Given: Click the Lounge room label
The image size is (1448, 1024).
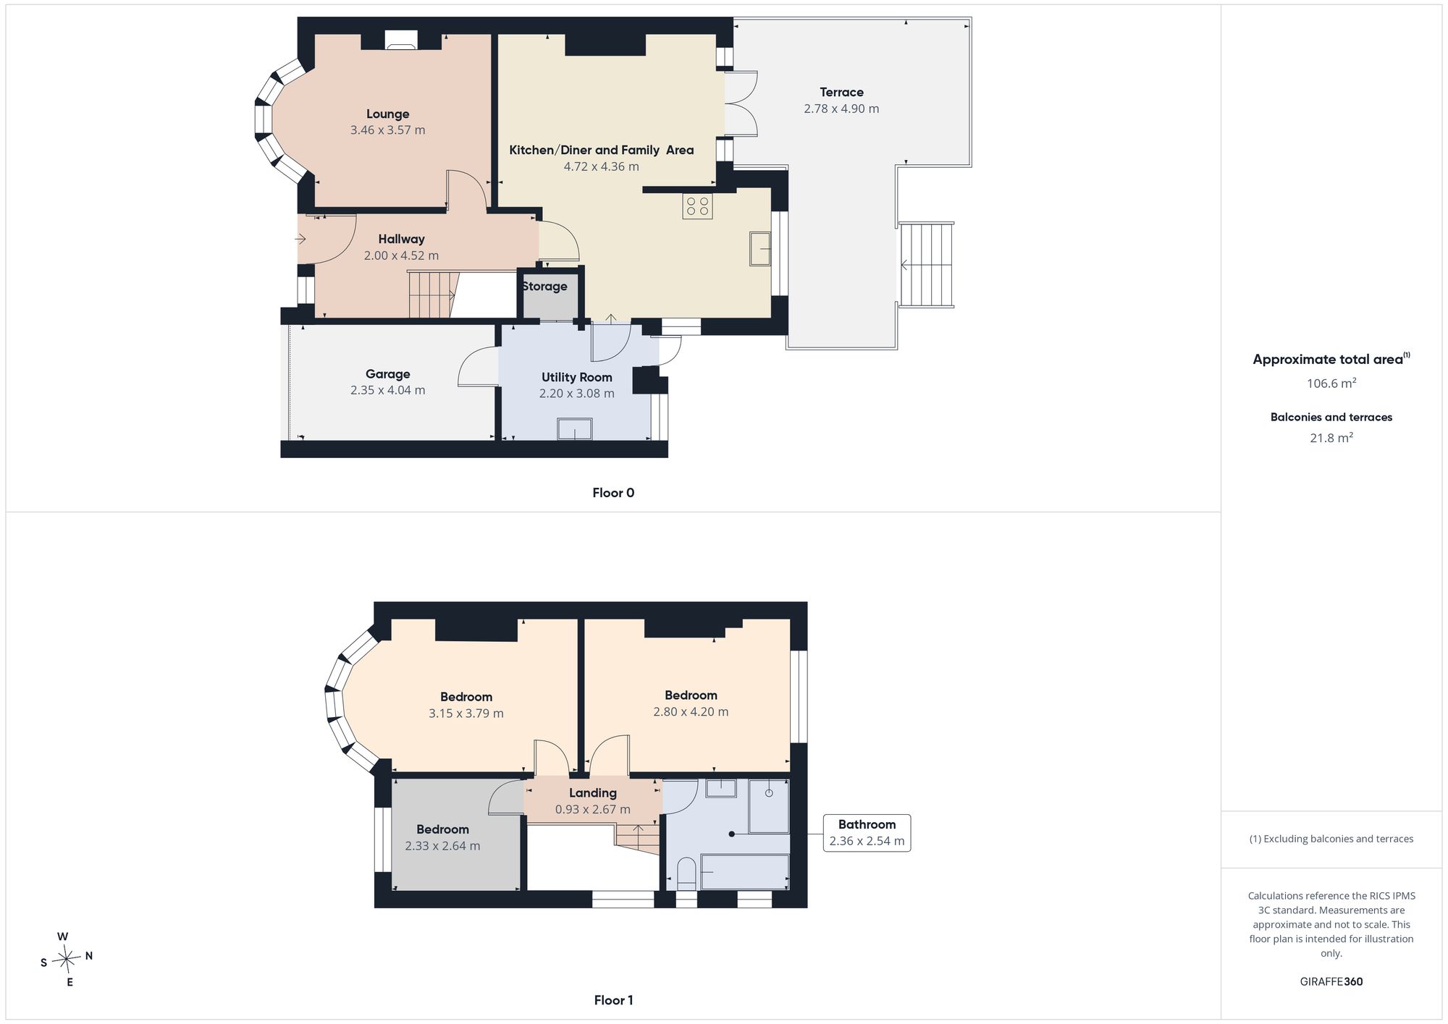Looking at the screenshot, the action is pyautogui.click(x=387, y=114).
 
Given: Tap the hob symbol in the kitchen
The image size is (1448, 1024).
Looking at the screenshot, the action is pyautogui.click(x=697, y=206).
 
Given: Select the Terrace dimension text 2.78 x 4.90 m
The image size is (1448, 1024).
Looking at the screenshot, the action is pyautogui.click(x=841, y=109).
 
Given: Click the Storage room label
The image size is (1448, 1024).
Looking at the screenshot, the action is pyautogui.click(x=544, y=287).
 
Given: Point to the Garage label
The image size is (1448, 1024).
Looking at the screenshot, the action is pyautogui.click(x=387, y=374).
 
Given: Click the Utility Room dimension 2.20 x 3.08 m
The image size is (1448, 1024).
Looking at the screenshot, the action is pyautogui.click(x=576, y=394).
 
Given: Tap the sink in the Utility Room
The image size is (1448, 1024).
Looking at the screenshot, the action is pyautogui.click(x=575, y=429).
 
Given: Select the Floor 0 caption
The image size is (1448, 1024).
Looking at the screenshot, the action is pyautogui.click(x=613, y=493).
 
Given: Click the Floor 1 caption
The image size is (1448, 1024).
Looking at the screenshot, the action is pyautogui.click(x=613, y=1000).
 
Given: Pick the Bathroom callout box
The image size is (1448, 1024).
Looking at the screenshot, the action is pyautogui.click(x=867, y=833).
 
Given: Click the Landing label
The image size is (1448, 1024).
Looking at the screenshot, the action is pyautogui.click(x=592, y=793).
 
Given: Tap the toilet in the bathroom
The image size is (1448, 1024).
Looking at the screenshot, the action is pyautogui.click(x=686, y=874).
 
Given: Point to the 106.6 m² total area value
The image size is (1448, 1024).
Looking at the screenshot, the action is pyautogui.click(x=1331, y=383).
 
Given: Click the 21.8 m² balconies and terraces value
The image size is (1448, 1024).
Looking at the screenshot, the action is pyautogui.click(x=1331, y=437).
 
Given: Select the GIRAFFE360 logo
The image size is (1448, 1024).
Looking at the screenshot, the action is pyautogui.click(x=1331, y=982).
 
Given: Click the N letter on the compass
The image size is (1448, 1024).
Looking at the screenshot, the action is pyautogui.click(x=89, y=956).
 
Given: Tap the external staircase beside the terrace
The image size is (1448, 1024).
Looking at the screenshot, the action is pyautogui.click(x=926, y=265).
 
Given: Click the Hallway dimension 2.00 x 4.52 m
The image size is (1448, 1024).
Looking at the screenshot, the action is pyautogui.click(x=401, y=255).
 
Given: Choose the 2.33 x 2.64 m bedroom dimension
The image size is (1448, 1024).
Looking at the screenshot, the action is pyautogui.click(x=442, y=846).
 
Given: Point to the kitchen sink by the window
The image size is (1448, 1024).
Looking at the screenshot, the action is pyautogui.click(x=760, y=249).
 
